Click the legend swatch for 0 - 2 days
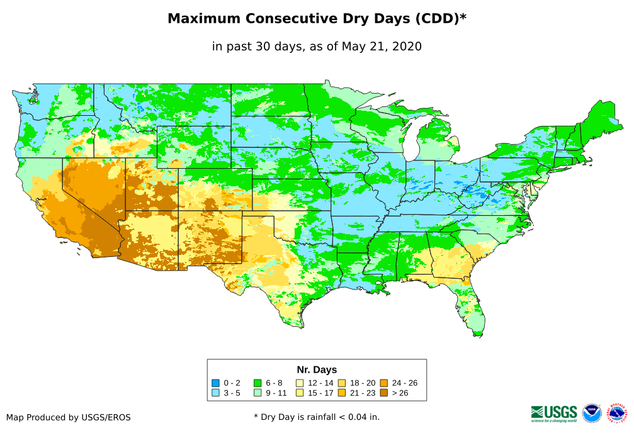[x=215, y=383]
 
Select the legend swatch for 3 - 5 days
[x=215, y=392]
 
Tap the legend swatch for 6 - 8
[x=257, y=383]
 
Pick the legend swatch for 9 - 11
[x=257, y=392]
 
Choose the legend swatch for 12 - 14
[x=300, y=383]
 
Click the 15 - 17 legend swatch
[x=300, y=392]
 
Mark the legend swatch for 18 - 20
[x=341, y=383]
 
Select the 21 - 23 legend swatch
[x=341, y=392]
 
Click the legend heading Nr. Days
[x=317, y=370]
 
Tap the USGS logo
[x=554, y=412]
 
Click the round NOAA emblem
[x=592, y=413]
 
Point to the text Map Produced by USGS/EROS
[x=69, y=417]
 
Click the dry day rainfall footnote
[x=317, y=417]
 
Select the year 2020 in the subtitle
[x=407, y=46]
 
